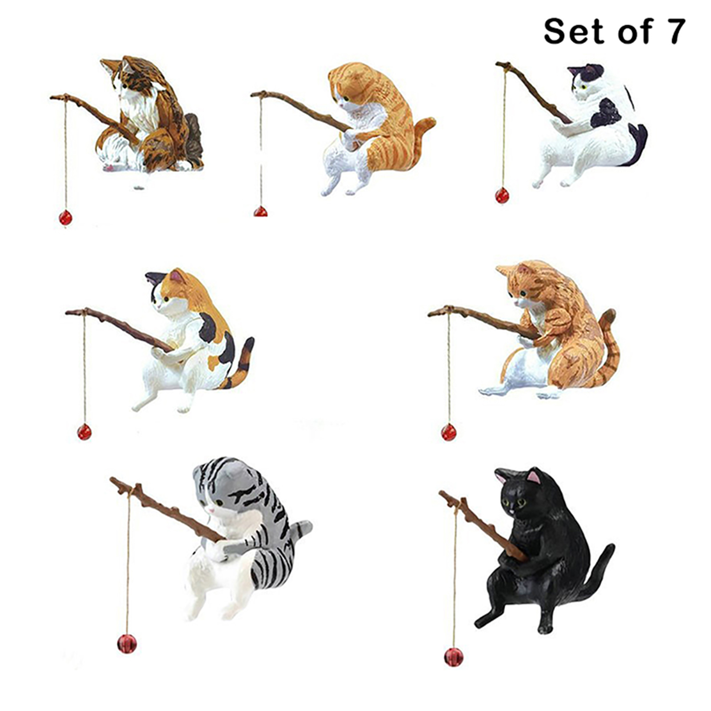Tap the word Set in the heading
click(574, 31)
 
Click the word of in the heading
click(630, 31)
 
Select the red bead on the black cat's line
click(453, 657)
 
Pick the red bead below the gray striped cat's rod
click(127, 644)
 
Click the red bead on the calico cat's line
click(84, 431)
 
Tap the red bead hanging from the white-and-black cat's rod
click(502, 196)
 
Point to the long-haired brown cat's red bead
click(65, 218)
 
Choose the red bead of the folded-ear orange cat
click(260, 212)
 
